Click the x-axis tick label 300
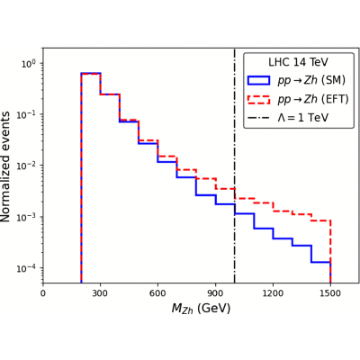tap(100, 293)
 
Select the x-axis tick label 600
tap(157, 293)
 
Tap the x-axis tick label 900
tap(215, 293)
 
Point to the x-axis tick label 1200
tap(273, 293)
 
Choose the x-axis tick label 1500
tap(330, 293)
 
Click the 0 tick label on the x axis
tap(43, 293)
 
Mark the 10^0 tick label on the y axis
tap(29, 64)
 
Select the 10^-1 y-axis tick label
tap(28, 115)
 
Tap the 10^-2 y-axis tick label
tap(28, 166)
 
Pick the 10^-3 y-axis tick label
tap(28, 217)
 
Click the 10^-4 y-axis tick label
tap(28, 268)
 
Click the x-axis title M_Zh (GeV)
tap(201, 309)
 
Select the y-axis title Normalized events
tap(5, 166)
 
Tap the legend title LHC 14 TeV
tap(298, 62)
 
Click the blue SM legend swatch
tap(258, 80)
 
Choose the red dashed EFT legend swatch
tap(258, 99)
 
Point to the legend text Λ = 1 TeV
tap(303, 117)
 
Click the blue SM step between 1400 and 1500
tap(321, 263)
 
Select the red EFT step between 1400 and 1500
tap(321, 220)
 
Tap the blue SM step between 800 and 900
tap(206, 195)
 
